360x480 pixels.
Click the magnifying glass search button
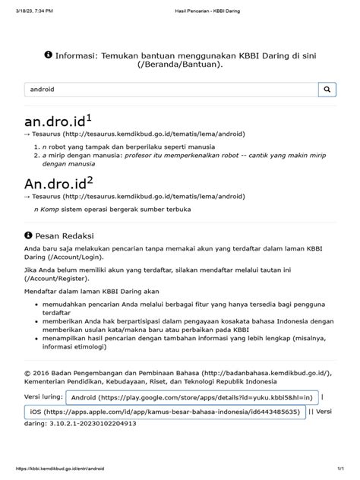(327, 89)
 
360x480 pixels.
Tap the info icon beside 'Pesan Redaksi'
(29, 235)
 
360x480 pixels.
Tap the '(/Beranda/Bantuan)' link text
(179, 66)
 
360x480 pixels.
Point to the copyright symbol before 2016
(27, 373)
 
